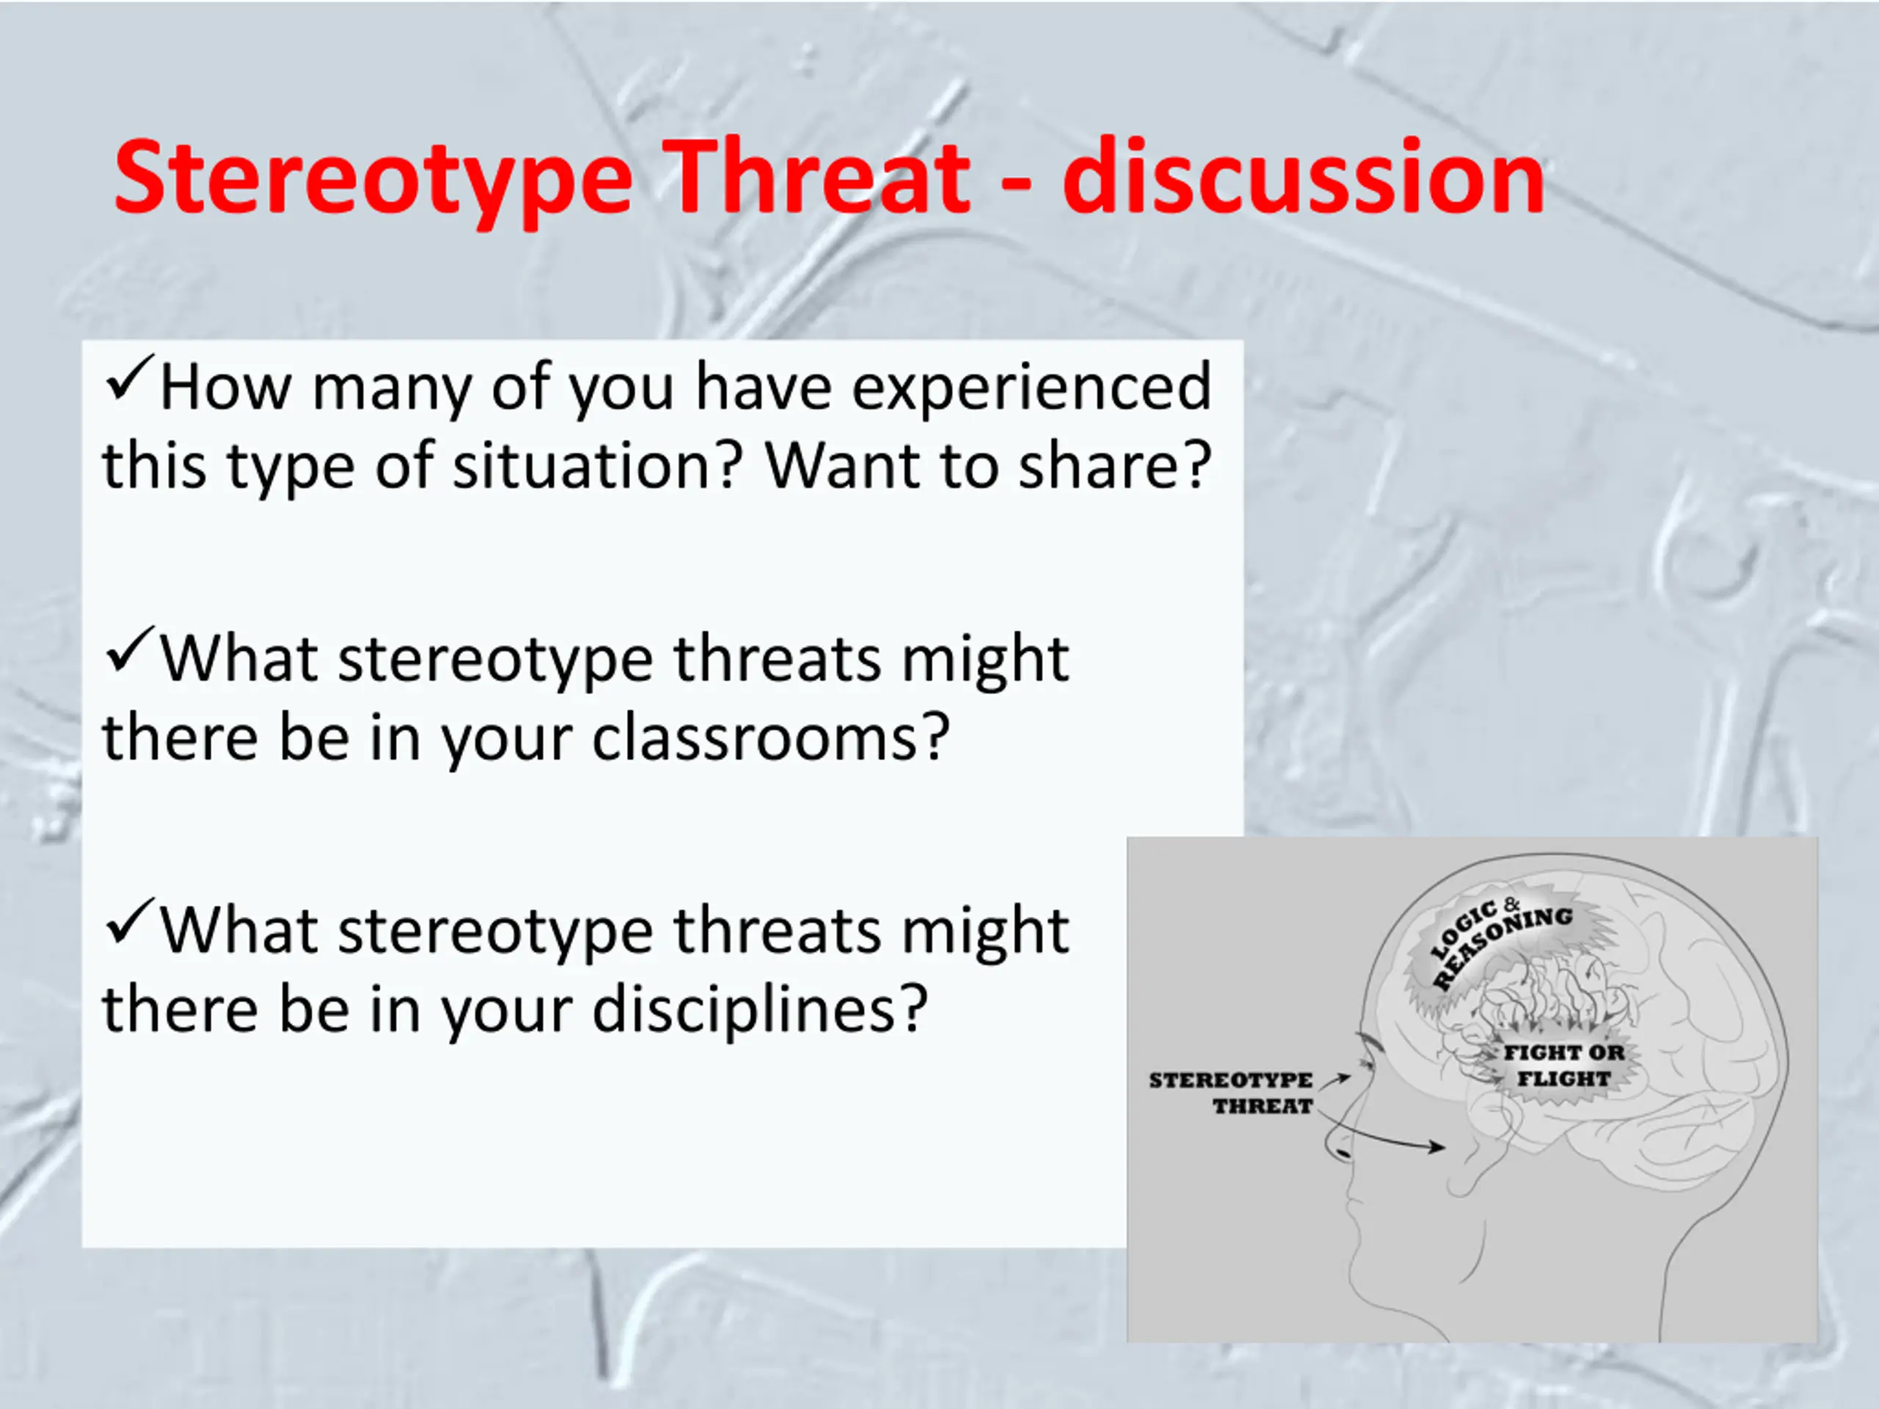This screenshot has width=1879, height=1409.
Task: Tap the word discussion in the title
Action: click(x=1304, y=176)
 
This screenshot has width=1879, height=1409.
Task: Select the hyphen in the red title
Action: click(x=1016, y=185)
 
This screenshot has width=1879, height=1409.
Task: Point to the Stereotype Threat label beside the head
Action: click(x=1231, y=1092)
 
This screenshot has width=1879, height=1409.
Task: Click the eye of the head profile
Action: click(x=1365, y=1063)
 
